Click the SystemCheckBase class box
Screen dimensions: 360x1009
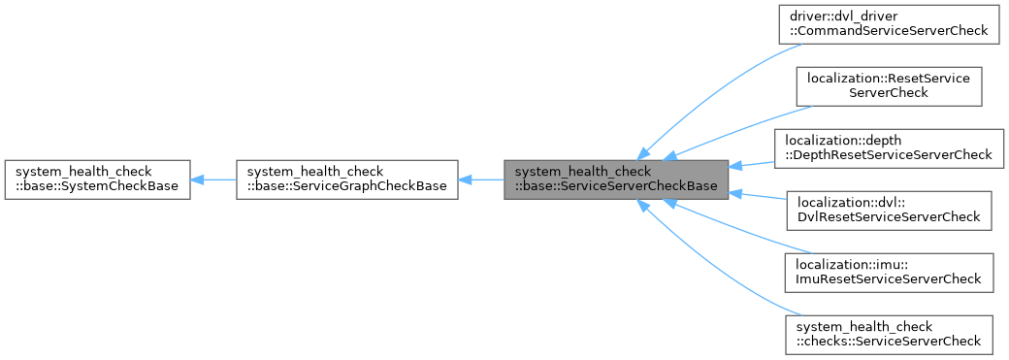pos(97,180)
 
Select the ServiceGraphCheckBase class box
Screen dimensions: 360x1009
pos(346,180)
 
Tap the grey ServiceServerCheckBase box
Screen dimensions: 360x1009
pos(615,180)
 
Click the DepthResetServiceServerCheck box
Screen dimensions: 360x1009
pos(889,147)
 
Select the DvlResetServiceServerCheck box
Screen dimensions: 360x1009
pos(889,210)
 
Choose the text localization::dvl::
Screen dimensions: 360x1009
pos(846,202)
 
